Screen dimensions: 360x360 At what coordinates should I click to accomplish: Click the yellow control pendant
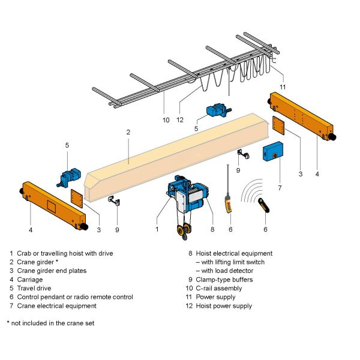coord(229,204)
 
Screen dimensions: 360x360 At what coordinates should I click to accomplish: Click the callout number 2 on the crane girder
coord(128,131)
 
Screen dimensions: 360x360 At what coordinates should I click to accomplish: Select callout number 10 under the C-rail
coord(166,119)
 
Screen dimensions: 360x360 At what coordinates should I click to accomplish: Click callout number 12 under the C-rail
coord(180,119)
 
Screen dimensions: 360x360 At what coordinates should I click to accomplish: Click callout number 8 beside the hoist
coord(212,229)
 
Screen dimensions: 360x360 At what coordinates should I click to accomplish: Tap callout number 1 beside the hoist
coord(157,229)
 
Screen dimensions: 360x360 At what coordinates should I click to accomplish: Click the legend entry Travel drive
coord(35,289)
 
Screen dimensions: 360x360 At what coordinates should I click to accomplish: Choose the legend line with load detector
coord(224,271)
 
